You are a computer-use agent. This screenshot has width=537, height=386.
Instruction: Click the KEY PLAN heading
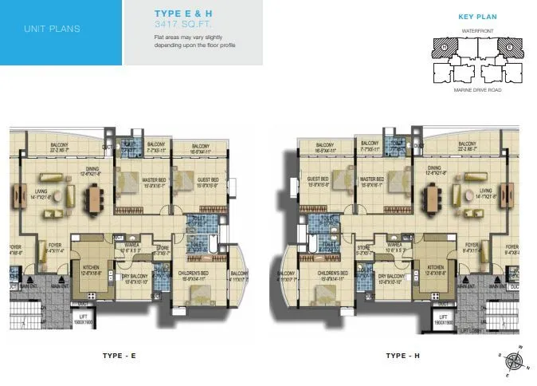click(x=478, y=16)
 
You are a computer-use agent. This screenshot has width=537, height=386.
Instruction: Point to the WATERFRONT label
click(x=478, y=30)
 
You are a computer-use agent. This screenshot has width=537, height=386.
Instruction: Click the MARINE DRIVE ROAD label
click(x=478, y=90)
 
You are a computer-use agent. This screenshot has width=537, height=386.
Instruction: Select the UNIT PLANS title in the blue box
click(x=52, y=30)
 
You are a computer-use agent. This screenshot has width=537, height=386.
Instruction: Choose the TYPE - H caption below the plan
click(x=402, y=356)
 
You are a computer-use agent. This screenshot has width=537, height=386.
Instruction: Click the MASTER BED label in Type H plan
click(x=372, y=180)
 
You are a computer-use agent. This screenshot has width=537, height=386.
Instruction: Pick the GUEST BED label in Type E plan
click(x=208, y=180)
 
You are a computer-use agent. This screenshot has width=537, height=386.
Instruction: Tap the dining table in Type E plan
click(x=94, y=195)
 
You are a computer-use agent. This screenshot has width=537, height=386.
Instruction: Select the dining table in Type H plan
click(x=433, y=195)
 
